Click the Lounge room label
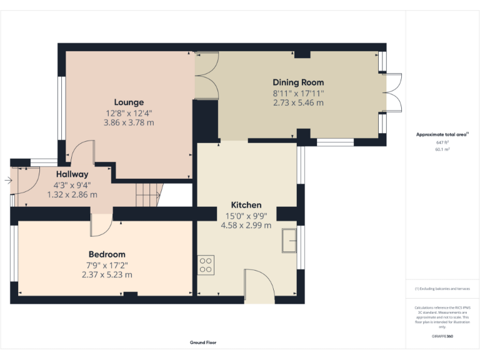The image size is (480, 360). coord(129,102)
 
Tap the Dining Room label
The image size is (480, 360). coord(298,82)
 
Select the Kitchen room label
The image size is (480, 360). coord(246,205)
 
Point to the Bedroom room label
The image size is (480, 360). coord(107,254)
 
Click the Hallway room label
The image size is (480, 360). coord(72,174)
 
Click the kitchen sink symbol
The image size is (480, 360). coord(289,241)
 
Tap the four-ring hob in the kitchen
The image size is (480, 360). coord(206,265)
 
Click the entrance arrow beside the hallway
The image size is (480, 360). coord(7,181)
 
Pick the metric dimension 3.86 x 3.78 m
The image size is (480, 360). coord(129,122)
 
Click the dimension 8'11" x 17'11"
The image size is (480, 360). coord(298,93)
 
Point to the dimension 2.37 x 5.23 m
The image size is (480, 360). coord(107,274)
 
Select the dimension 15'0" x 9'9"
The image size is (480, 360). coord(246,216)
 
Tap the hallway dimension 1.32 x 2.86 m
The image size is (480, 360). coord(72,194)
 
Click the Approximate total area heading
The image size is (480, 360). coord(442,134)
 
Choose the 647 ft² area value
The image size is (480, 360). coord(442,142)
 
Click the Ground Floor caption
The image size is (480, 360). coord(203,342)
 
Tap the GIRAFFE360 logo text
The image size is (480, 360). coord(442,337)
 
